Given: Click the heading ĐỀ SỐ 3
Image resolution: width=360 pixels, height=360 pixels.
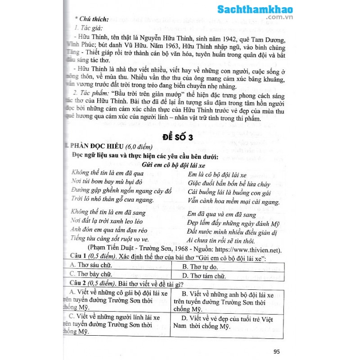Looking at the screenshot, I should [x=174, y=138].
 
